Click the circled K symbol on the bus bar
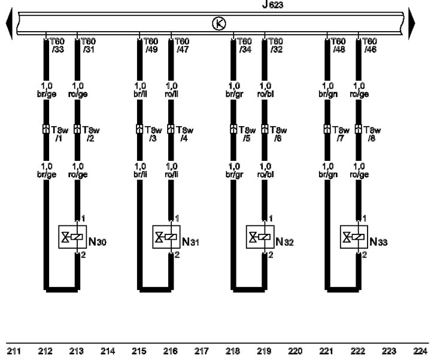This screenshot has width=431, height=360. point(219,23)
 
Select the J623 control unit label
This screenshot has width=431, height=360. point(272,5)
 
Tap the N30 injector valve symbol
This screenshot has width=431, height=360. point(72,237)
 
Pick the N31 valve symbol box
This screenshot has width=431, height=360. point(166,237)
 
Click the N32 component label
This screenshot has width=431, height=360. point(284,242)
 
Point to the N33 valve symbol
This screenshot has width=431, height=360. point(354,237)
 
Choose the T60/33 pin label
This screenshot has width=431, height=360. point(57,45)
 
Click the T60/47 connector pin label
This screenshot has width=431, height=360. point(182,45)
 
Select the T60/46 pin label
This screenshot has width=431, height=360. point(369,45)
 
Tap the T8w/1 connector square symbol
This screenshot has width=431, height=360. point(46,129)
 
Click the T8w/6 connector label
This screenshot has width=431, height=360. point(278,134)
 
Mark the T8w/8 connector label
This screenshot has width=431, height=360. point(372,134)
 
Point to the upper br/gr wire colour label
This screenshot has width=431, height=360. point(235,94)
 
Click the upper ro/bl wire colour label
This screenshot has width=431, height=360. point(266,94)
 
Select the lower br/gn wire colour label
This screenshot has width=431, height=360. point(328,175)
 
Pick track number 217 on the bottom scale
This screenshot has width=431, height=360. point(202,351)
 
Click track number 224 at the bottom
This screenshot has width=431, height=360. point(420,351)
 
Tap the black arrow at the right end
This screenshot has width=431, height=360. point(411,23)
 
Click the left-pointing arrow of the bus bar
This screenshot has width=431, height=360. point(10,23)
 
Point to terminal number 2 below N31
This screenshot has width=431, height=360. point(177,255)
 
